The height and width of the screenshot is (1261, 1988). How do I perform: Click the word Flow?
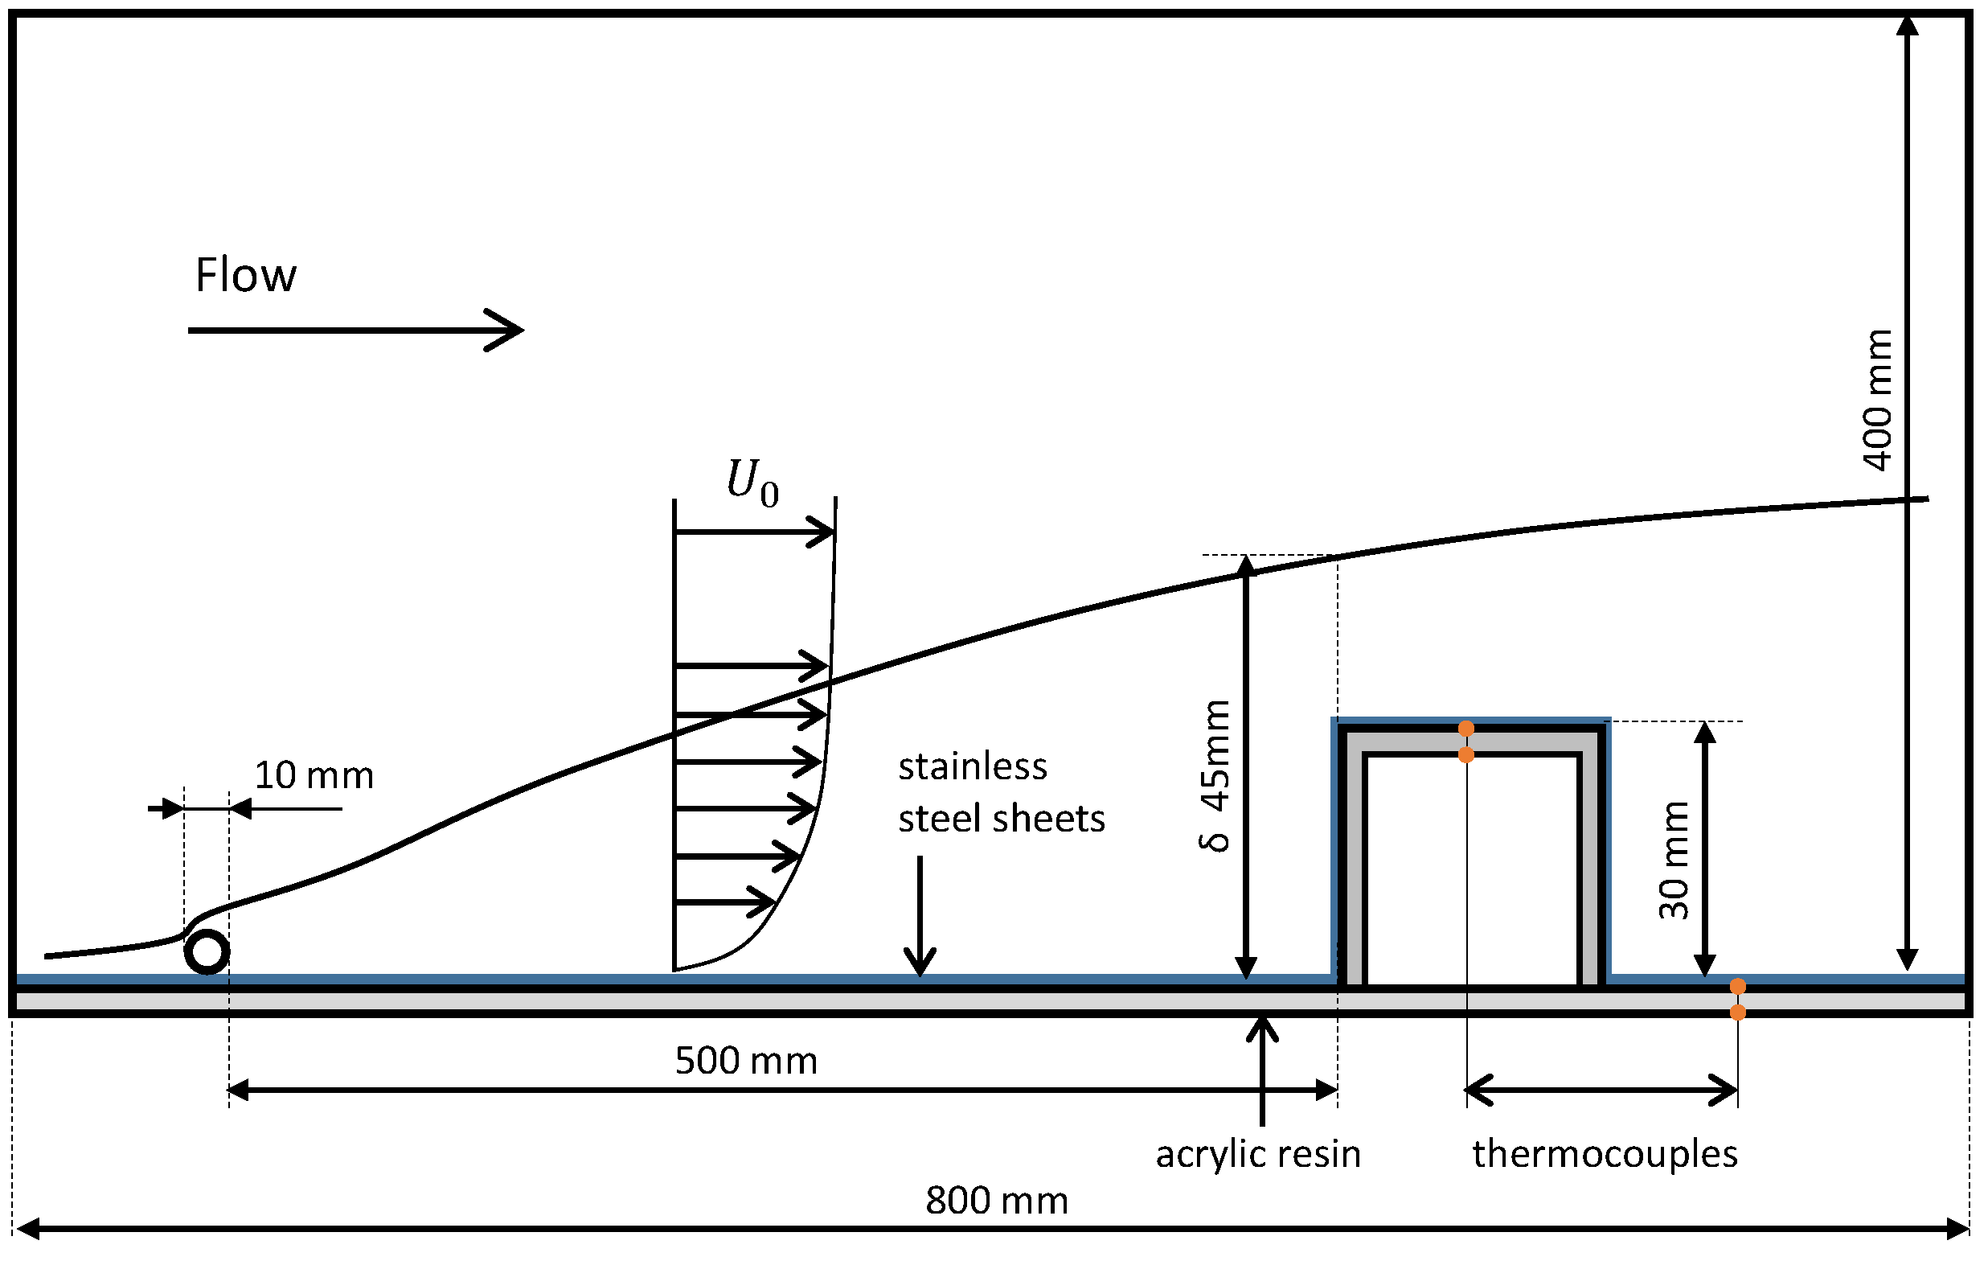[245, 275]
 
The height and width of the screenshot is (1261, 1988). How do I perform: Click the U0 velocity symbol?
[752, 483]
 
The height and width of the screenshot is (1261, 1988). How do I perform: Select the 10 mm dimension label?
[314, 775]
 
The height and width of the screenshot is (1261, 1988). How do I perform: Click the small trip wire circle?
[207, 952]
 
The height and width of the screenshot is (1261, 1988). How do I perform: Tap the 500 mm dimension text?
[745, 1060]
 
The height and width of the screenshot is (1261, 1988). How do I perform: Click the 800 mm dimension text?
[997, 1201]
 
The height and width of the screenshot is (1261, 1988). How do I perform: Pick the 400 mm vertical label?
[1877, 400]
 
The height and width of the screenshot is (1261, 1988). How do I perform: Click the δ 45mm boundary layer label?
[1215, 776]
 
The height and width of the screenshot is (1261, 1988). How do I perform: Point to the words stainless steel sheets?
[1001, 793]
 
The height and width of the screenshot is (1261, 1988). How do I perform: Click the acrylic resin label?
[1257, 1154]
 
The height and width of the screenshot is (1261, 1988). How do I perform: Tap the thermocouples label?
[1604, 1154]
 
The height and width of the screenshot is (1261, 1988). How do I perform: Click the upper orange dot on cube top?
[1466, 729]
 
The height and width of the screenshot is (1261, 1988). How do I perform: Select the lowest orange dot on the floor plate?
[1738, 1012]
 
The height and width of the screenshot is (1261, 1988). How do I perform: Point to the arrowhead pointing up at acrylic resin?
[1262, 1029]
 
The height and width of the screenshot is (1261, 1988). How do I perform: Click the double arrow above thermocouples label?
[1601, 1090]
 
